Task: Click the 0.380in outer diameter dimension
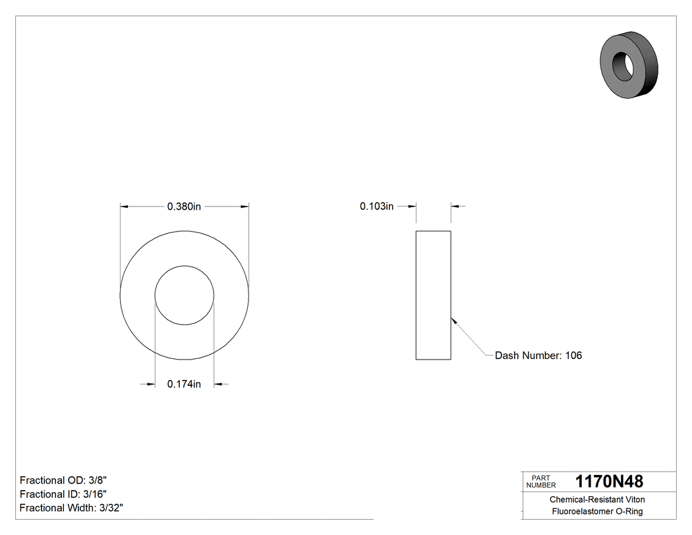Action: tap(184, 206)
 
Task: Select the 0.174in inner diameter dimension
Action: tap(184, 384)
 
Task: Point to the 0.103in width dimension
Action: tap(376, 206)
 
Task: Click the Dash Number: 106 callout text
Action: tap(538, 356)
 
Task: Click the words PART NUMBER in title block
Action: tap(540, 482)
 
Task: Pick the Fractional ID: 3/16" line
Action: tap(63, 494)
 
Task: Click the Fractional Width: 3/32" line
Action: tap(71, 508)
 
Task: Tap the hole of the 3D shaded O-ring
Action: tap(623, 65)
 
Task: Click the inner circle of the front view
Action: tap(184, 295)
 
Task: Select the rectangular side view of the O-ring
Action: tap(433, 295)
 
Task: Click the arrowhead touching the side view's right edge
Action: tap(454, 321)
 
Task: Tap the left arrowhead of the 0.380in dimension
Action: tap(125, 206)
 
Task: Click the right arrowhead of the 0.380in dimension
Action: tap(244, 206)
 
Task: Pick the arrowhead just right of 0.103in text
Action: tap(412, 206)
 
